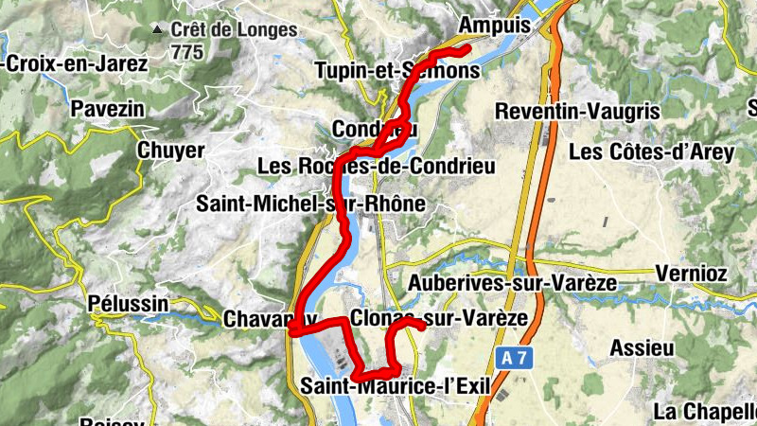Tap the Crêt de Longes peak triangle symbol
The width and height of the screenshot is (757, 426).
(158, 30)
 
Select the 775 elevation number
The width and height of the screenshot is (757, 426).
(187, 53)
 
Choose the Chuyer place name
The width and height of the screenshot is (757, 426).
(170, 151)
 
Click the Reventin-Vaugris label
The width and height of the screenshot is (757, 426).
(577, 112)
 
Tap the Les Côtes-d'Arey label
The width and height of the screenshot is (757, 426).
(651, 152)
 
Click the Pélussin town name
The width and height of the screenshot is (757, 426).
(128, 305)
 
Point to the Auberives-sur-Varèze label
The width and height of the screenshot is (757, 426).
(511, 283)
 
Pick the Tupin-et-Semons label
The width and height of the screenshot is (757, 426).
(396, 71)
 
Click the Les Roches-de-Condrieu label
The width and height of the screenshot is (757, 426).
(377, 167)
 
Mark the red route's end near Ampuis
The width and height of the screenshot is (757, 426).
(467, 47)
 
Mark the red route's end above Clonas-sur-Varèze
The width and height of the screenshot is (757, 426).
(422, 328)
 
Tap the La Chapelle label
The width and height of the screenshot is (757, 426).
(705, 412)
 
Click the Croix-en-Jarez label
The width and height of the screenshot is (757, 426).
(76, 64)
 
